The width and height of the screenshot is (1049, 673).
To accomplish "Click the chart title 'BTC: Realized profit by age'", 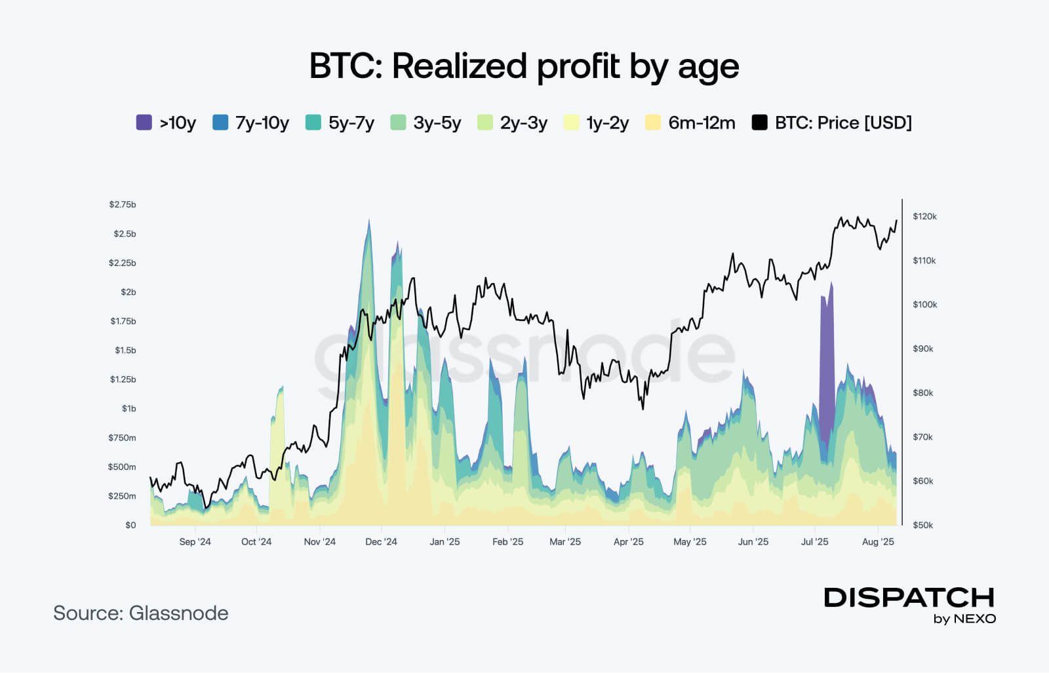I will tap(524, 66).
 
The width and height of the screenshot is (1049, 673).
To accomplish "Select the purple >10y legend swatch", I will tap(144, 123).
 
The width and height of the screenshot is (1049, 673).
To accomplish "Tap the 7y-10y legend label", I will tap(262, 123).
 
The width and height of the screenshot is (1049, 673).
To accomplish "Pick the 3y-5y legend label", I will tap(437, 123).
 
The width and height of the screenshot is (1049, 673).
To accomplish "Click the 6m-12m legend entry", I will tap(701, 123).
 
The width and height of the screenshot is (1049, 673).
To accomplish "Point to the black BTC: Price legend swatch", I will tap(759, 123).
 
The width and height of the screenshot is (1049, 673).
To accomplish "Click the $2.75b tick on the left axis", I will tap(123, 204).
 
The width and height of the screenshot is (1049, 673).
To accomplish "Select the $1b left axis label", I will tap(129, 408).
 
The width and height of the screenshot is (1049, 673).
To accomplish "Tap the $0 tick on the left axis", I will tap(130, 525).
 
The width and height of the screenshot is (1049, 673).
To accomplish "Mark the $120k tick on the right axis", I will tap(924, 216).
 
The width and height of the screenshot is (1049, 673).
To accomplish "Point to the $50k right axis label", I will tap(922, 525).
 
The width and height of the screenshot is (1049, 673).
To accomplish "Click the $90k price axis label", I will tap(922, 349).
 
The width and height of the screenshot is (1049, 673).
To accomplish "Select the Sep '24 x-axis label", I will tap(195, 542).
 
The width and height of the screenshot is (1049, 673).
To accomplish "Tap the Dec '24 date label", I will tap(381, 542).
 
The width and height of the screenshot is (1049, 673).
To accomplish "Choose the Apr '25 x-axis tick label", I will tap(628, 542).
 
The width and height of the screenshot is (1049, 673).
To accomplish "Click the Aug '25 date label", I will tap(878, 542).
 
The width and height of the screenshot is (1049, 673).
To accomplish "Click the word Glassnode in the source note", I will tap(178, 613).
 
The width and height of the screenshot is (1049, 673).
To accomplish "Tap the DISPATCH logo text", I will tap(909, 598).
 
